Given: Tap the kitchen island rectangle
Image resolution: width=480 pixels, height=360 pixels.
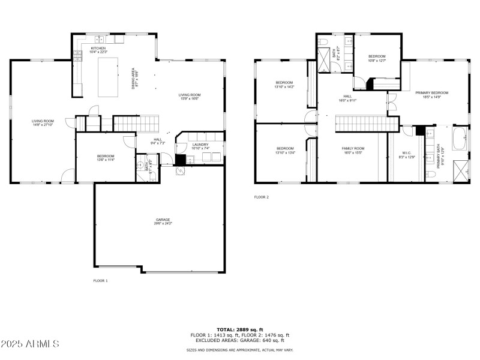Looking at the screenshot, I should (x=109, y=77).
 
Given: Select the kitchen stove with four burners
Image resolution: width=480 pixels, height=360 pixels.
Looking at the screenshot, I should (x=77, y=55).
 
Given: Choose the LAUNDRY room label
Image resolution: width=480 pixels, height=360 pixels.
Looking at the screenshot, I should (x=200, y=146).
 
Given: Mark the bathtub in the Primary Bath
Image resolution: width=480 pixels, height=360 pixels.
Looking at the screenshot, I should (x=460, y=139).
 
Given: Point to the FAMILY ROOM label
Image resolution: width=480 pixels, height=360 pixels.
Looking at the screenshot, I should (x=353, y=150).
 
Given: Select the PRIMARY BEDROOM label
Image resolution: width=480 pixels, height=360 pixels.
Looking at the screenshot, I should (x=431, y=94).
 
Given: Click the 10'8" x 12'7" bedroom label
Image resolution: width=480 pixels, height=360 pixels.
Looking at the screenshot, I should (x=377, y=58).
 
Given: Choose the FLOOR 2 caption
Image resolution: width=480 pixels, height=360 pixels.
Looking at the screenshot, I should (x=261, y=197).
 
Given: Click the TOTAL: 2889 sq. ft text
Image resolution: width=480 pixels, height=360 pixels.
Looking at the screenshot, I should (x=239, y=330).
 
